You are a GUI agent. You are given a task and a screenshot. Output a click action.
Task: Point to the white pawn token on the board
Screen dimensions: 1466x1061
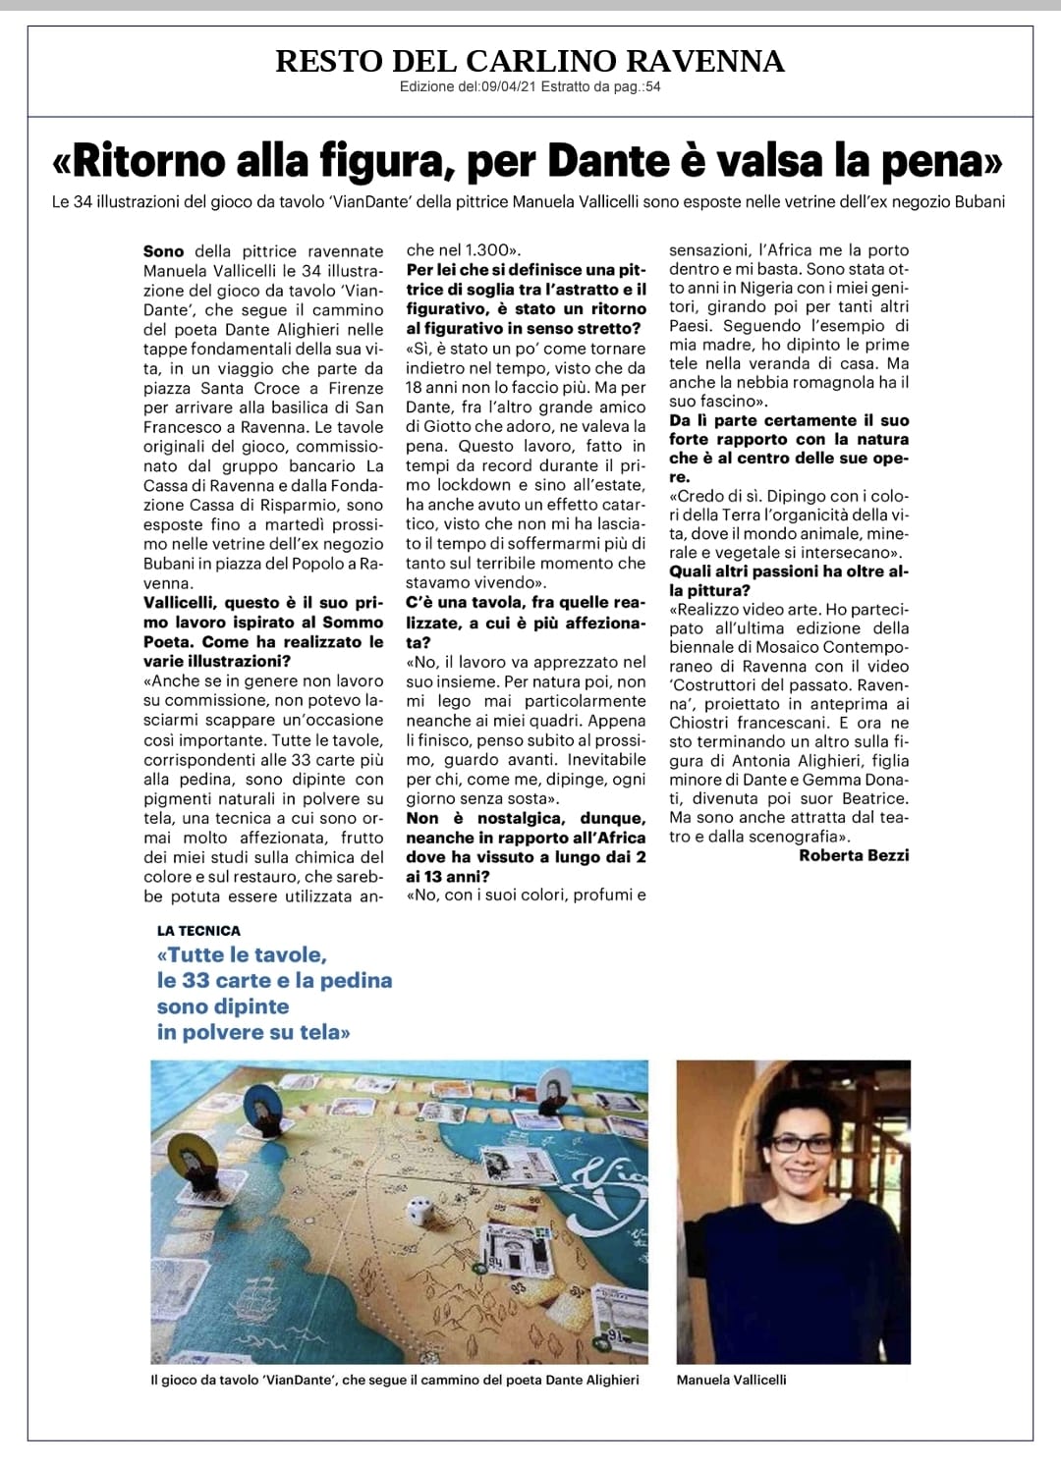558,1085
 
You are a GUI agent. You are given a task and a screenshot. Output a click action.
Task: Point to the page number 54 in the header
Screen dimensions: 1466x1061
652,87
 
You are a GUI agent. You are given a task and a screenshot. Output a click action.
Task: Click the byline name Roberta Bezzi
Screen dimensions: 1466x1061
853,855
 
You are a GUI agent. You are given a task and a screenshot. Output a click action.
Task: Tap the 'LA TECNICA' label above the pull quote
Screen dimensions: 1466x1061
198,930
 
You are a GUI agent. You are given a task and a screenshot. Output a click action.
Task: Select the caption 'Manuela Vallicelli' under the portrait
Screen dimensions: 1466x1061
731,1380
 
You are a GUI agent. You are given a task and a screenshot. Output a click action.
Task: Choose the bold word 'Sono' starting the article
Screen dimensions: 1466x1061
163,251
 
